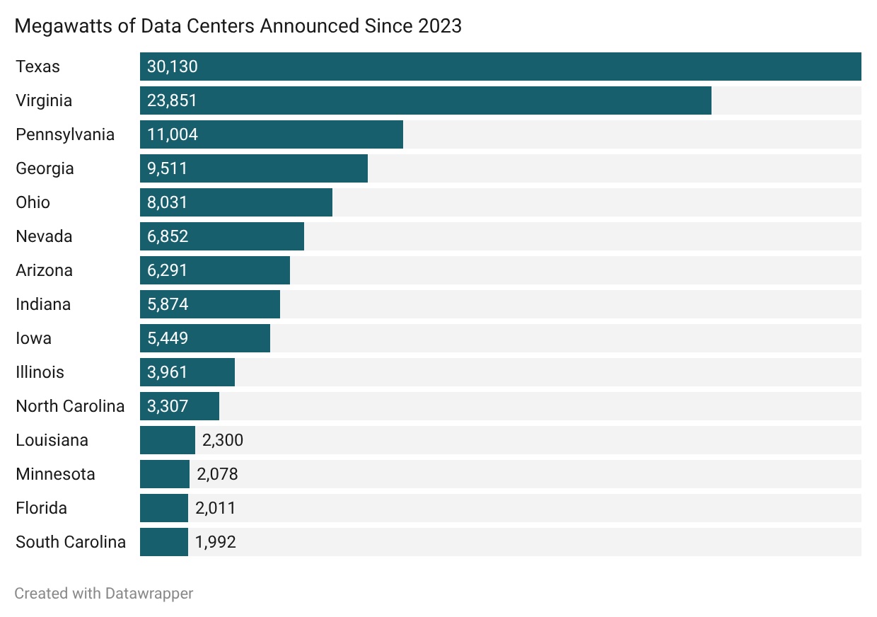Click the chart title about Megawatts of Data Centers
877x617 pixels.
click(x=238, y=26)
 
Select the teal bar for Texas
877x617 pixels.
click(x=500, y=67)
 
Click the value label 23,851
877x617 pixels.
click(x=172, y=100)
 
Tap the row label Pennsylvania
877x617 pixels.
click(x=65, y=134)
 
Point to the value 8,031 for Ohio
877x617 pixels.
click(x=168, y=202)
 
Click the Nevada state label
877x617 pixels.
click(x=44, y=236)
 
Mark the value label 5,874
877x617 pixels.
click(x=168, y=304)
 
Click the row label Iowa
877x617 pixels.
click(x=33, y=338)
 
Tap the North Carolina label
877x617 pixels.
click(x=70, y=406)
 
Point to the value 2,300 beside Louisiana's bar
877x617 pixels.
click(x=222, y=440)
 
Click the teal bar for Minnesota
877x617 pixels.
click(x=165, y=474)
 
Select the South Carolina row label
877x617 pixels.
click(x=71, y=542)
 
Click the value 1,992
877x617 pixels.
click(x=215, y=542)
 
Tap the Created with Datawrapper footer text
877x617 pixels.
click(x=103, y=593)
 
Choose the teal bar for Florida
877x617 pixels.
click(x=164, y=508)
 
